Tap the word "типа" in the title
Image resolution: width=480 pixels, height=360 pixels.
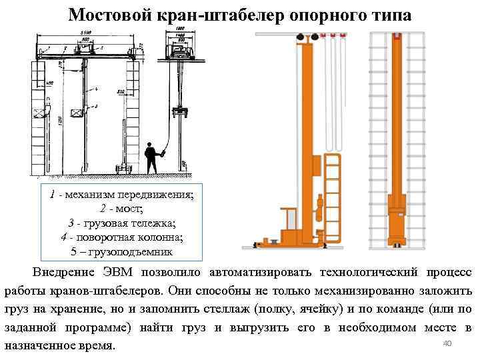(390, 15)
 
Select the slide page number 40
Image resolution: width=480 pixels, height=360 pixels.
(447, 343)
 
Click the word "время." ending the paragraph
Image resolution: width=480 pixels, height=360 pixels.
(97, 347)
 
